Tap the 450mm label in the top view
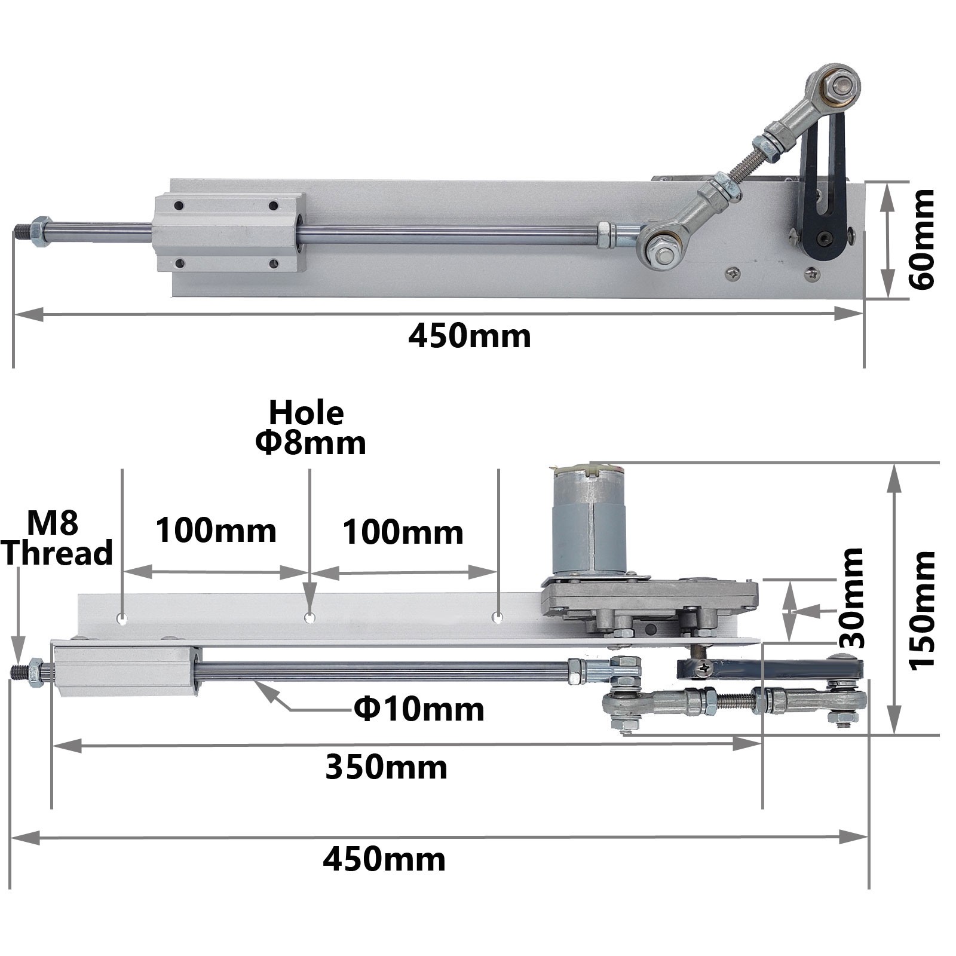469,336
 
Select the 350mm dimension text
386,767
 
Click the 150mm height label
921,611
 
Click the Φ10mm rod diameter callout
419,709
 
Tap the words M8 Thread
57,538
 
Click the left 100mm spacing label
216,530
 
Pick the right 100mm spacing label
403,532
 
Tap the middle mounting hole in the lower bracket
310,618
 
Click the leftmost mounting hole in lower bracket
122,618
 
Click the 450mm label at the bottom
384,859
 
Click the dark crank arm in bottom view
771,667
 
